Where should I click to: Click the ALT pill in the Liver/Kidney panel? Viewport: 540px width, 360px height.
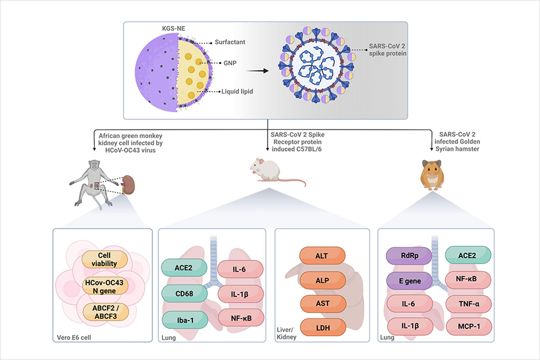click(x=322, y=256)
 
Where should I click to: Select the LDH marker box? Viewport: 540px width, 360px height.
click(x=323, y=327)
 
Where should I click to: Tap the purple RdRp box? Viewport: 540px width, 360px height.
click(x=409, y=256)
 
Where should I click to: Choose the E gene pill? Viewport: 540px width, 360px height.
click(x=409, y=281)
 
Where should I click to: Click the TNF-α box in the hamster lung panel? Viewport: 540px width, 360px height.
click(x=469, y=304)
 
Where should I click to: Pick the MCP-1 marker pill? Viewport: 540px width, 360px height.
click(x=469, y=326)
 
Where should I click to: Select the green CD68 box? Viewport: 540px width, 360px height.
click(x=184, y=294)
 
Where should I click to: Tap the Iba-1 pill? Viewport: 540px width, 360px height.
click(x=185, y=320)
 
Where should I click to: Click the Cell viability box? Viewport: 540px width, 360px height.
click(x=105, y=259)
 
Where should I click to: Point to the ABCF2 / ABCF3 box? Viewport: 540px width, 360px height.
click(x=106, y=312)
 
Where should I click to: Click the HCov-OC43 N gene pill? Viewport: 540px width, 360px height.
click(x=105, y=286)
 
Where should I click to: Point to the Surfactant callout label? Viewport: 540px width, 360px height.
click(x=230, y=42)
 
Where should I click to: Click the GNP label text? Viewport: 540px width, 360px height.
click(x=230, y=63)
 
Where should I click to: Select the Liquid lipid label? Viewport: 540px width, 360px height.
click(x=237, y=91)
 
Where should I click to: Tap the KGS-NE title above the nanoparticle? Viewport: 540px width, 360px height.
click(x=174, y=28)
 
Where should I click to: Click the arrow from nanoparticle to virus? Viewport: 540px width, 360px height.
click(x=257, y=71)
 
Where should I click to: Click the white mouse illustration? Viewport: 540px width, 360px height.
click(x=277, y=172)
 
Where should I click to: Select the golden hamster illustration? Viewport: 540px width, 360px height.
click(x=432, y=175)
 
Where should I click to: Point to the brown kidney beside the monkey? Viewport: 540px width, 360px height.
click(x=129, y=185)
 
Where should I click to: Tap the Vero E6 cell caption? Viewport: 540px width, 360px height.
click(x=74, y=337)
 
